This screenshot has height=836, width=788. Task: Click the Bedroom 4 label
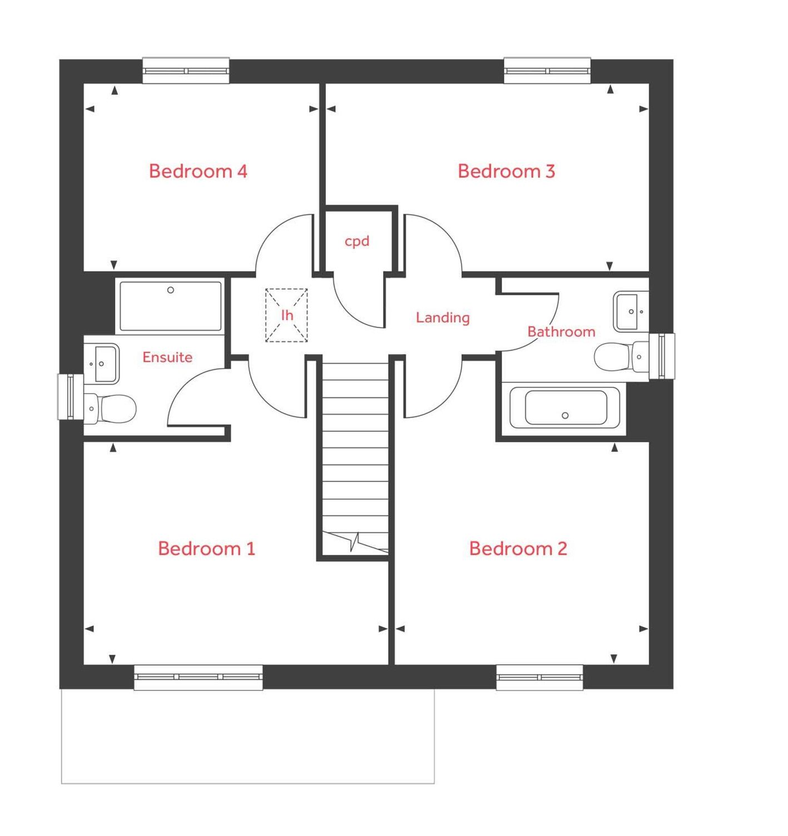click(x=198, y=171)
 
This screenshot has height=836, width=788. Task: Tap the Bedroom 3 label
click(x=506, y=171)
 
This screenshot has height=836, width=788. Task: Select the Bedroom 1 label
click(x=206, y=549)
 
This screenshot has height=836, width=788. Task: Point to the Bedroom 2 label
click(x=518, y=549)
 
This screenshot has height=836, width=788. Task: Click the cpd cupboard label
click(x=357, y=241)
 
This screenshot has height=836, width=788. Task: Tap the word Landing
click(x=443, y=317)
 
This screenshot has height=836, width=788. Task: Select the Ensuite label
click(x=167, y=357)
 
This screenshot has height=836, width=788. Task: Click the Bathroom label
click(x=561, y=332)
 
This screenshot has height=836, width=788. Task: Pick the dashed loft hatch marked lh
click(x=286, y=315)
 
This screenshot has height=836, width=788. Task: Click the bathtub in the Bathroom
click(x=564, y=409)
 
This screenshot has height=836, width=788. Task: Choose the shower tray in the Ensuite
click(x=170, y=306)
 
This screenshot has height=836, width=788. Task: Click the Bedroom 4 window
click(x=186, y=71)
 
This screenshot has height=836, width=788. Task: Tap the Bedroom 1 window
click(x=198, y=677)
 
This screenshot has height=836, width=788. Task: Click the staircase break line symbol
click(x=355, y=541)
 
